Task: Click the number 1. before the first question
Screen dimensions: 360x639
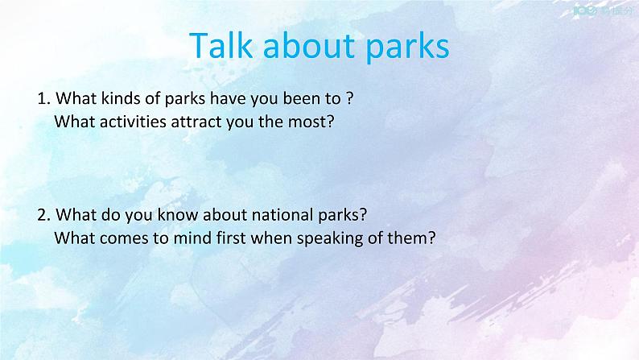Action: (43, 100)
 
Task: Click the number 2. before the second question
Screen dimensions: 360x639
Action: (43, 215)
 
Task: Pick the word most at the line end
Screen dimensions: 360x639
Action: (312, 122)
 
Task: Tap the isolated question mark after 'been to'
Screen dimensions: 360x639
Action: (350, 100)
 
